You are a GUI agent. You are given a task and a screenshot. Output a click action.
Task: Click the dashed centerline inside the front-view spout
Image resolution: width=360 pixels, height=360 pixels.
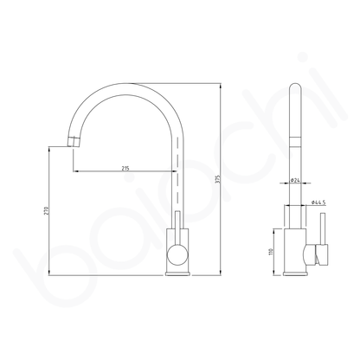178,173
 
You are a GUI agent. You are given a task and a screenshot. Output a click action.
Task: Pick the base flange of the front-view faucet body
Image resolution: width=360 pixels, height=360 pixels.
176,274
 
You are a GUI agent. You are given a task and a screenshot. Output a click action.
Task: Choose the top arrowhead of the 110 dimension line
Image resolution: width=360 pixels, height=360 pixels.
276,230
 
